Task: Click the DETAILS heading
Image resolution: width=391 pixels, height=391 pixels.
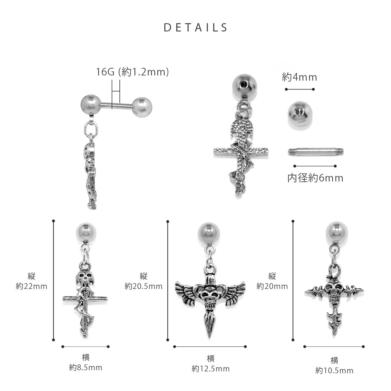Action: point(195,27)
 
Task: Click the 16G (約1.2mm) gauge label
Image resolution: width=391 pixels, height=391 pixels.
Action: point(132,72)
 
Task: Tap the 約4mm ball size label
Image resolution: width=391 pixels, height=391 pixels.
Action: point(299,77)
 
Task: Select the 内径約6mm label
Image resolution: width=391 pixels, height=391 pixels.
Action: point(315,178)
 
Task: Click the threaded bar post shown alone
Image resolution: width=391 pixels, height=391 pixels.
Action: point(316,152)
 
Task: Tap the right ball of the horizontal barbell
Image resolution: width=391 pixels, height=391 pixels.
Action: point(142,107)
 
